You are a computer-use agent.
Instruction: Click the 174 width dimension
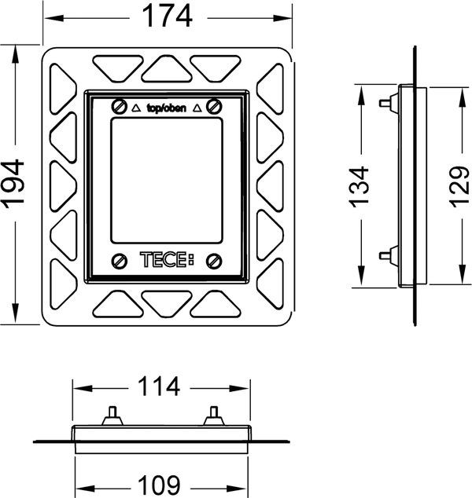click(168, 16)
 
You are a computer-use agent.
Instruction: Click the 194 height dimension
click(15, 182)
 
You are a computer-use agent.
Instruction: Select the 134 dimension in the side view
click(359, 185)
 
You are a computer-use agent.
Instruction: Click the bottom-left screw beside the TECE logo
click(120, 261)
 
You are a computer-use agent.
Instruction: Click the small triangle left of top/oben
click(137, 108)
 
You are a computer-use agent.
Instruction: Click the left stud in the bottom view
click(112, 414)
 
